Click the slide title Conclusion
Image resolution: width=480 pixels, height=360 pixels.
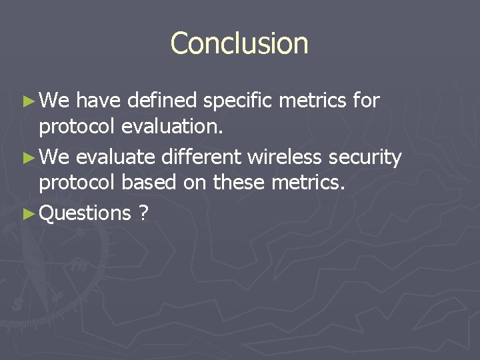(x=239, y=43)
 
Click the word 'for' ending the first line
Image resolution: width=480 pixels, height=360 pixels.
(x=366, y=101)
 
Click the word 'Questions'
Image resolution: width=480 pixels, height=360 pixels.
(x=85, y=213)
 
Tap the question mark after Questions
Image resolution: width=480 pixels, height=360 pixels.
(x=143, y=213)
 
